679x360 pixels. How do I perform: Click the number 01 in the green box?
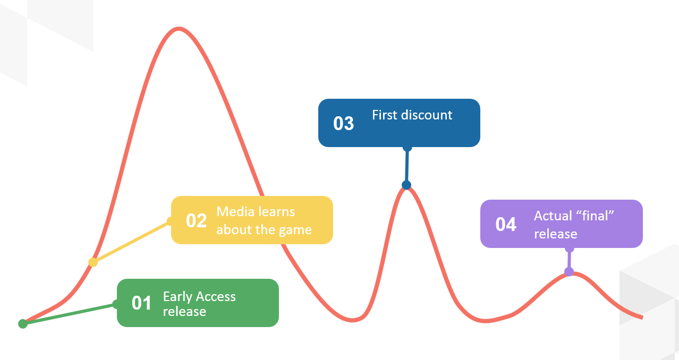[141, 303]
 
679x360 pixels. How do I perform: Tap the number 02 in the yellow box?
[197, 220]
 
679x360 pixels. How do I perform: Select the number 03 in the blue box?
[343, 123]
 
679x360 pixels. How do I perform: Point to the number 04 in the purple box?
[506, 224]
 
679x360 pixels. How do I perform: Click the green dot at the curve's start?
[23, 324]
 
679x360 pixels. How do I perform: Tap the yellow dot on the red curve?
[93, 262]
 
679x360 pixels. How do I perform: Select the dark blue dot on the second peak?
[406, 185]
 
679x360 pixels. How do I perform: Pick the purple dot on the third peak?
[569, 271]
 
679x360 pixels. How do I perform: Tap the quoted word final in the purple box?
[595, 216]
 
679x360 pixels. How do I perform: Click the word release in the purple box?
[556, 234]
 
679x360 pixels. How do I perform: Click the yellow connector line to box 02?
[132, 242]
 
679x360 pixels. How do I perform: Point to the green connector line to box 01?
[69, 314]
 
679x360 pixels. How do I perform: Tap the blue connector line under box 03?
[407, 166]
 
